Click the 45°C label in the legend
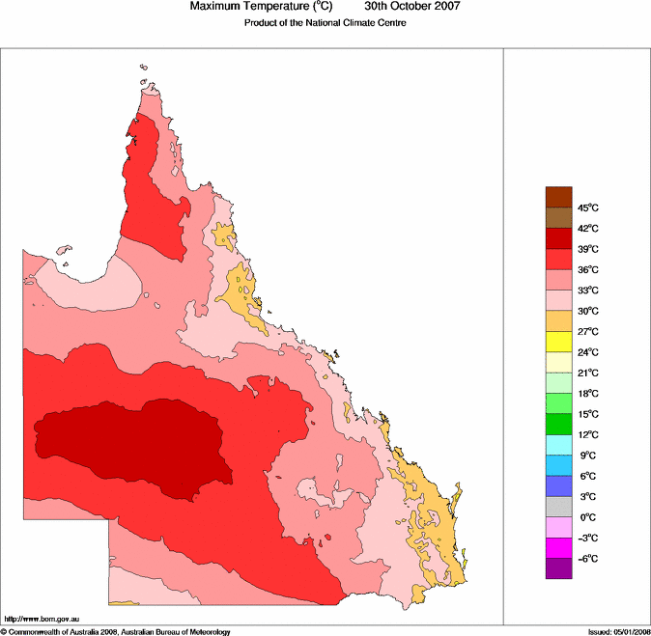pyautogui.click(x=588, y=208)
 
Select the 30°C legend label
pyautogui.click(x=588, y=311)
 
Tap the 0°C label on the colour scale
pyautogui.click(x=587, y=517)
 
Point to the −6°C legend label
pyautogui.click(x=587, y=559)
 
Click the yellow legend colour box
pyautogui.click(x=559, y=341)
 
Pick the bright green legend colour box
pyautogui.click(x=559, y=423)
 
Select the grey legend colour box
pyautogui.click(x=559, y=506)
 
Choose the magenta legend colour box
pyautogui.click(x=559, y=547)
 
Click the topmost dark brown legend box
pyautogui.click(x=559, y=197)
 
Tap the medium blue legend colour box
pyautogui.click(x=559, y=484)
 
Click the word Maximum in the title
pyautogui.click(x=216, y=7)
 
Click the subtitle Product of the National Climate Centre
pyautogui.click(x=325, y=23)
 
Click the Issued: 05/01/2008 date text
pyautogui.click(x=618, y=631)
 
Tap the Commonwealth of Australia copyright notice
pyautogui.click(x=116, y=631)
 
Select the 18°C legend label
pyautogui.click(x=588, y=394)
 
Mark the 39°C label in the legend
pyautogui.click(x=588, y=249)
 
